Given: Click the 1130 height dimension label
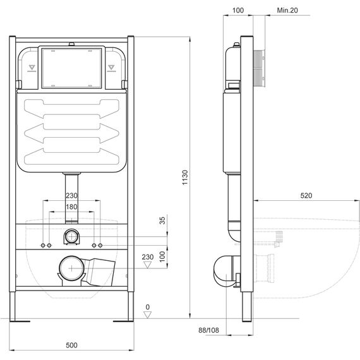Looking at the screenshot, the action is [185, 177].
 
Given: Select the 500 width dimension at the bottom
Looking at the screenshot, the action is [71, 345].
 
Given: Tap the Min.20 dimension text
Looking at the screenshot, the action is [287, 10].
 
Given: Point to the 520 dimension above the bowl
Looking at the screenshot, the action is [306, 196].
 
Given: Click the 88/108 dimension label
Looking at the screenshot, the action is [208, 330].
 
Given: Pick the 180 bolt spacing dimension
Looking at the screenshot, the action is [71, 207].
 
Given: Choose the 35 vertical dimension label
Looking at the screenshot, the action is [162, 220].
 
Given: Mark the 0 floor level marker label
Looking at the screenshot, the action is [148, 307].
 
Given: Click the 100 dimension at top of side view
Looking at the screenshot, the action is [238, 10].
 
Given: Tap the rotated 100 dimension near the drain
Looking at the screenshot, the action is [162, 256].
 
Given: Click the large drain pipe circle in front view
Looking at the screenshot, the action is [72, 268].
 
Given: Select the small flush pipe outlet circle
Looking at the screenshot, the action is [72, 236].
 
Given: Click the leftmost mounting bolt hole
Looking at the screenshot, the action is [43, 246].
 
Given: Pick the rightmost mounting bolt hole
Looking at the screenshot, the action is [100, 246].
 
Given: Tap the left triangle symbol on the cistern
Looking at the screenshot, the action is [32, 68].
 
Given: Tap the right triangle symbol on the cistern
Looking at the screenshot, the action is [111, 68].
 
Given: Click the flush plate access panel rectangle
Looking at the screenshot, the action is [71, 68].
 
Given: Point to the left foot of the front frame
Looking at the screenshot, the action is [13, 306].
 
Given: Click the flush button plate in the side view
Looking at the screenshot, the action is [260, 68].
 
